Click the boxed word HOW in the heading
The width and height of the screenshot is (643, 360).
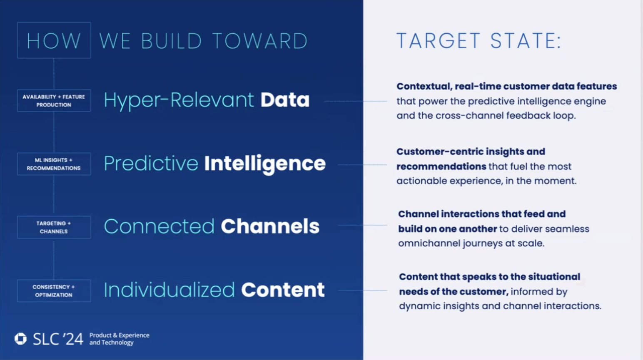pos(54,41)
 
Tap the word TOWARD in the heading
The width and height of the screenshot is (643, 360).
pos(260,41)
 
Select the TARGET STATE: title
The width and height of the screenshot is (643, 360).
pos(479,41)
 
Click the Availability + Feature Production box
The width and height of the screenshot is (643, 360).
pos(54,101)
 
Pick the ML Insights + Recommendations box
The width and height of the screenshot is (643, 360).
pos(54,164)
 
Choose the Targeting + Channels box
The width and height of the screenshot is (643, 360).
pos(54,227)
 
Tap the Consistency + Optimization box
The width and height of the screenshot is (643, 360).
pos(54,291)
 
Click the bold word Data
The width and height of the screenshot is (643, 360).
pos(285,100)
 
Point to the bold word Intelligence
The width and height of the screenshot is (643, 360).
pos(265,164)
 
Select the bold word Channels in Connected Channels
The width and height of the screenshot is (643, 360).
pos(270,226)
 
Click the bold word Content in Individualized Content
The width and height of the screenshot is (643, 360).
pos(283,290)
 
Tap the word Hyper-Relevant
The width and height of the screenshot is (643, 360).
pos(179,100)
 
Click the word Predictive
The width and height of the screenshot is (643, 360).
pos(151,164)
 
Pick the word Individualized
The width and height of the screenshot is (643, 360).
pos(169,290)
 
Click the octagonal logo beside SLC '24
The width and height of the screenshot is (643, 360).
pos(20,339)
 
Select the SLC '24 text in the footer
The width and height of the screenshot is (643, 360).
pos(58,339)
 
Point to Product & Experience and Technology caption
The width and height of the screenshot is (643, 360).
pos(119,339)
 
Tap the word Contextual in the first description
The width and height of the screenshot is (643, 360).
pos(424,87)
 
